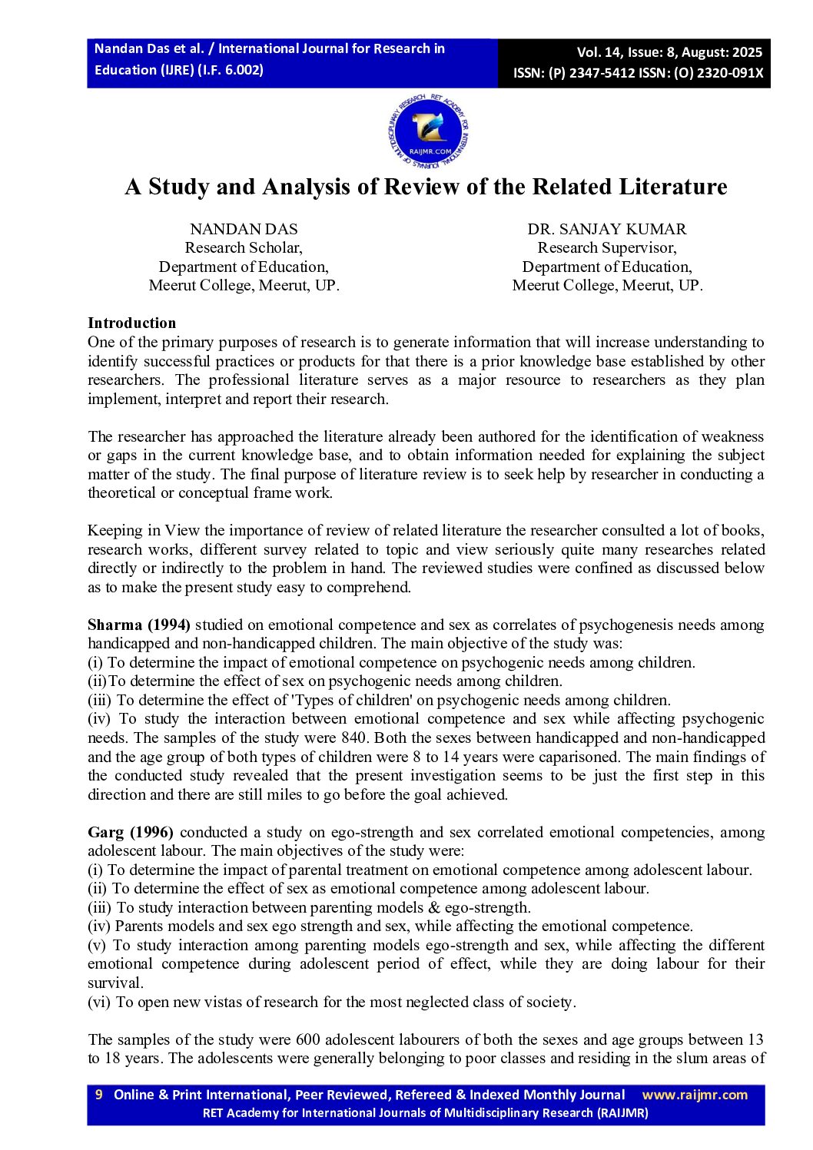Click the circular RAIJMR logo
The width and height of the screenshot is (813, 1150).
(428, 132)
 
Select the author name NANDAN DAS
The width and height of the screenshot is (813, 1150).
(244, 229)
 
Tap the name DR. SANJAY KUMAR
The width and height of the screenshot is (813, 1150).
(606, 229)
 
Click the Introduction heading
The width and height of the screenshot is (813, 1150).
(131, 323)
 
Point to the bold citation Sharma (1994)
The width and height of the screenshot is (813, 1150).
(138, 625)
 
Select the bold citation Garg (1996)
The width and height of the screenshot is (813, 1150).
(130, 832)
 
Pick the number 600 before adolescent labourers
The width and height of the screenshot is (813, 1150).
(308, 1039)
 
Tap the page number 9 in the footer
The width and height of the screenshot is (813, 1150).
(98, 1095)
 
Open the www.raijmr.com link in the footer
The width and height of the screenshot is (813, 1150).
(694, 1095)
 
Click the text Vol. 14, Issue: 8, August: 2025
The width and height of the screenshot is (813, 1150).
(669, 52)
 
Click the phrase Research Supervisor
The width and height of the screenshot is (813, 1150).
(606, 247)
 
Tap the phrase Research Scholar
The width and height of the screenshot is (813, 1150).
(244, 247)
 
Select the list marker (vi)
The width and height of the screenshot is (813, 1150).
(99, 1002)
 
